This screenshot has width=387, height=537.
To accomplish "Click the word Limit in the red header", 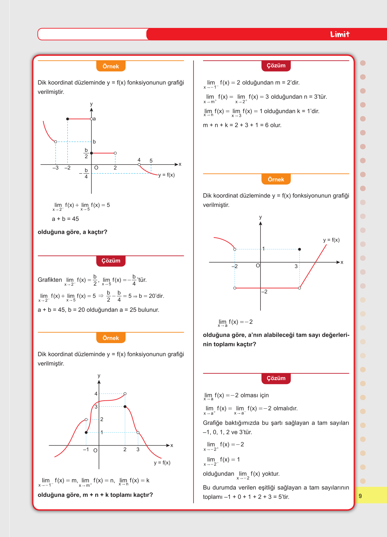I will click(x=340, y=34).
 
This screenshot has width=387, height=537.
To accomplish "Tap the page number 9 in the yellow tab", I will click(x=360, y=496).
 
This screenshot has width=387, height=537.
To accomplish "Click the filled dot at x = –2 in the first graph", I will click(x=68, y=119).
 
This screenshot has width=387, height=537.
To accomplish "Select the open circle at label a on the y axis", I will click(x=92, y=119).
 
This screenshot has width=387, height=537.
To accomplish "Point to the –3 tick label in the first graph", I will click(x=55, y=168).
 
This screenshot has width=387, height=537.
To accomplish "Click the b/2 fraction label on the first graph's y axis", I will click(x=86, y=153).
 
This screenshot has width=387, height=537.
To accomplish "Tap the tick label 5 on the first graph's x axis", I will click(x=151, y=161).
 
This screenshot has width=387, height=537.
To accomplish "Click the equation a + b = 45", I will click(x=65, y=219).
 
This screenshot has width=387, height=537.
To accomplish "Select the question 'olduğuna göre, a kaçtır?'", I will click(x=72, y=232).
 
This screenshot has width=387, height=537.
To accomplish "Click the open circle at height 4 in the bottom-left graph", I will click(x=125, y=394).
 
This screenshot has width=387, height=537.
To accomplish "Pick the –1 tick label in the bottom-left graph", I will click(x=86, y=450).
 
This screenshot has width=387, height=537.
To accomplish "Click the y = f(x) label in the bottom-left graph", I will click(x=162, y=463).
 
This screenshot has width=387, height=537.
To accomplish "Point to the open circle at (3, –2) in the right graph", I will click(x=299, y=288).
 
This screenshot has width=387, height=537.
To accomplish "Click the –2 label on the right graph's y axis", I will click(x=264, y=292).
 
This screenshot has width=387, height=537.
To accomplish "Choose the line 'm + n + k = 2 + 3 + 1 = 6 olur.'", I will click(x=242, y=125).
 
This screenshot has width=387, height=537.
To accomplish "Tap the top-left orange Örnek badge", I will click(x=111, y=66).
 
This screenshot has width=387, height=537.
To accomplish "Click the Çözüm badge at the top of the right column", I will click(x=276, y=66).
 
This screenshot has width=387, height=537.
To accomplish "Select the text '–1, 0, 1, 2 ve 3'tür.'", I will click(x=227, y=432).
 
